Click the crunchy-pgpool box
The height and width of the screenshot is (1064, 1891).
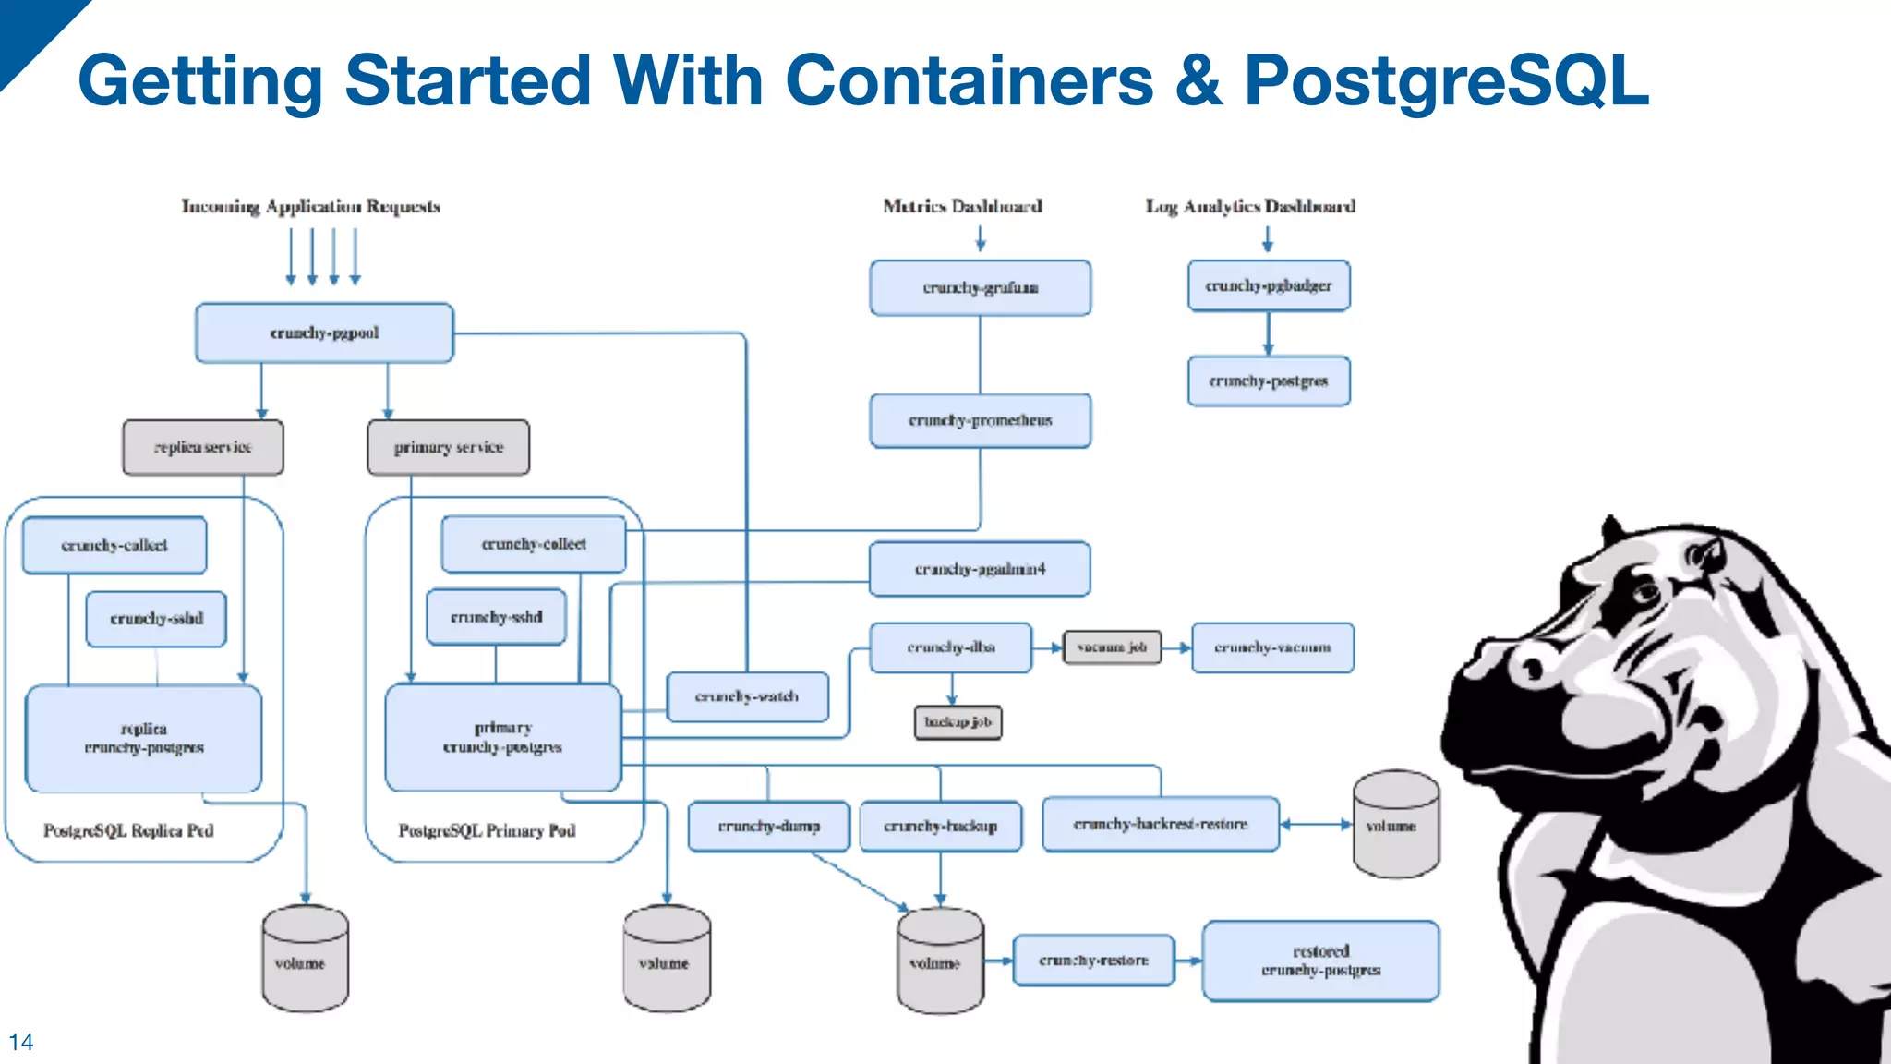tap(324, 332)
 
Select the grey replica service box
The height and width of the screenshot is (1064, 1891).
tap(203, 448)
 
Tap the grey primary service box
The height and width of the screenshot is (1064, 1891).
tap(449, 448)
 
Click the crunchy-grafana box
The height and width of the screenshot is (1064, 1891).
tap(980, 288)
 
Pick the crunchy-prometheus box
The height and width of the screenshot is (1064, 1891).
tap(980, 421)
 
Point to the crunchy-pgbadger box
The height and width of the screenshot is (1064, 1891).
tap(1269, 286)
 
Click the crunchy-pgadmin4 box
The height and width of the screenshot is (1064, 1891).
tap(980, 569)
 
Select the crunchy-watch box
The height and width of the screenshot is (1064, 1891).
tap(748, 696)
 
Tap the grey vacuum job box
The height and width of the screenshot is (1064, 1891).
tap(1112, 647)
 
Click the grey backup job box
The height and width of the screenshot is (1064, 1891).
tap(958, 722)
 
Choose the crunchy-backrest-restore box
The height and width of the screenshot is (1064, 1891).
tap(1161, 824)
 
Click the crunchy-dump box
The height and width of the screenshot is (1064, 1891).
tap(768, 826)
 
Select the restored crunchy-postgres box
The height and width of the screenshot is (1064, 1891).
tap(1320, 961)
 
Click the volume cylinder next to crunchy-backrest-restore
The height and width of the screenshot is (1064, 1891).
tap(1395, 825)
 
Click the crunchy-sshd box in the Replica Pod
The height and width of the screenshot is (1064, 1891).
tap(156, 619)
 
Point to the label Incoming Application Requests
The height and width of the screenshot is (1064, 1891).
tap(310, 206)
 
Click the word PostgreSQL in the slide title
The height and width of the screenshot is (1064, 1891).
tap(1445, 81)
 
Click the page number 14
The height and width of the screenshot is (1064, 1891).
tap(20, 1042)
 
